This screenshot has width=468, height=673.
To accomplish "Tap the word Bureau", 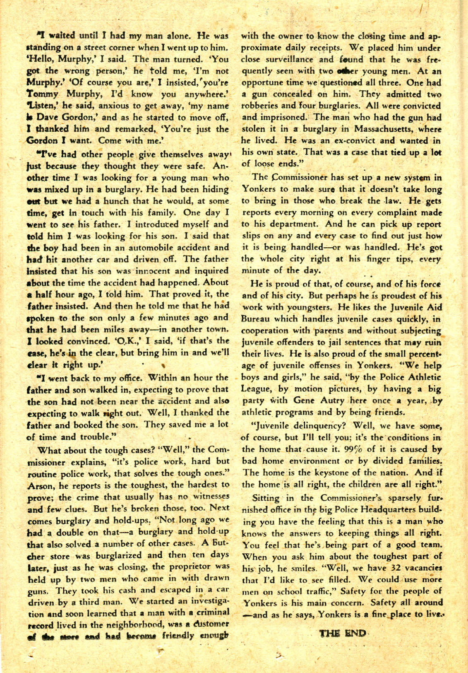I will (x=257, y=320).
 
